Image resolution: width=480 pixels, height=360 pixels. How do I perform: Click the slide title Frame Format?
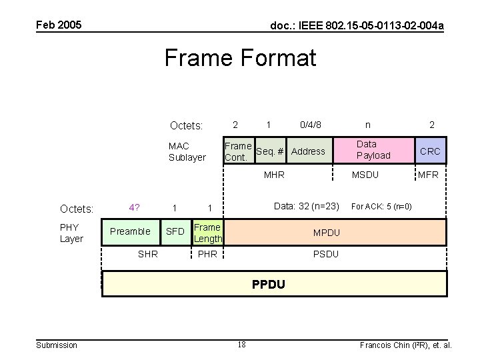point(240,58)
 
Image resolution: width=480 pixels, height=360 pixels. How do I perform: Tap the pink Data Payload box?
point(373,150)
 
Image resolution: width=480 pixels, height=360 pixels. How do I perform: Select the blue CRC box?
point(430,151)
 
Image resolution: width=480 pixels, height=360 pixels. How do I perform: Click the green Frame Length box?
point(208,233)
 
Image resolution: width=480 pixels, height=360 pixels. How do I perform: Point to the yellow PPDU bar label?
point(269,285)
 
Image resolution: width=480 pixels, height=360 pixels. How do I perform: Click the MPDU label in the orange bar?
point(327,233)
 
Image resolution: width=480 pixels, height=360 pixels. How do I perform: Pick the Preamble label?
point(130,231)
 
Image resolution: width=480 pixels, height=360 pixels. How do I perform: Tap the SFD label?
point(175,231)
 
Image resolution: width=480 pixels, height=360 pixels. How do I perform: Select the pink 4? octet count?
point(135,207)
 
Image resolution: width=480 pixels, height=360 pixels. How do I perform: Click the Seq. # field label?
point(270,151)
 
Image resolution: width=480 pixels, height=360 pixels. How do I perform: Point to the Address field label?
point(308,151)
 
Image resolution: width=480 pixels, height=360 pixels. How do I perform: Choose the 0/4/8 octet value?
point(311,125)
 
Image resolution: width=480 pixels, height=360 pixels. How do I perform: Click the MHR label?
point(274,175)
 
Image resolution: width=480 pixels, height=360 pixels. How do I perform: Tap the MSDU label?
point(365,175)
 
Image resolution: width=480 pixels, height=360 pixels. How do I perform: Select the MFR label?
point(428,175)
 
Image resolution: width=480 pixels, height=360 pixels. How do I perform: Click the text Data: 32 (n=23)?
point(307,206)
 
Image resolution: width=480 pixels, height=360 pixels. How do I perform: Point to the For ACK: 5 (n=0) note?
point(381,207)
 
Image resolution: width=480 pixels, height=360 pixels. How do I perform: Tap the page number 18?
point(241,344)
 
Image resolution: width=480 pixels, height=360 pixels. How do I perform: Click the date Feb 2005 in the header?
point(59,25)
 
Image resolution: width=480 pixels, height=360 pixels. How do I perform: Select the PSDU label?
point(327,254)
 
